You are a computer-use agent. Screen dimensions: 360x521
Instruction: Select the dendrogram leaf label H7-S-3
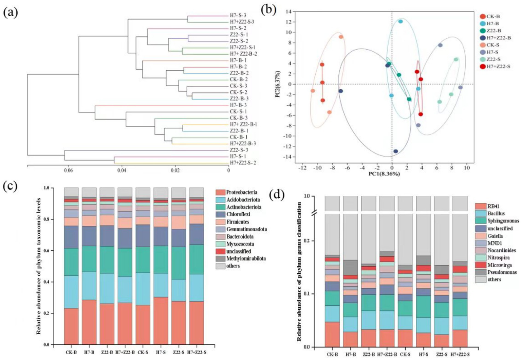238,15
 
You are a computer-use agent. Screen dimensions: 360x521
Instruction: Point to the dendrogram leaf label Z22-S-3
239,150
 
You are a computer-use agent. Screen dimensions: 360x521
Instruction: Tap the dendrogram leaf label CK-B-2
239,79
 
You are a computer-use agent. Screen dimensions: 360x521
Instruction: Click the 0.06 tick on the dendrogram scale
68,170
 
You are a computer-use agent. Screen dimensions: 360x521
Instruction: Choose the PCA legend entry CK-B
493,16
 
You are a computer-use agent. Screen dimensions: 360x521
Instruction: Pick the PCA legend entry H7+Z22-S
498,67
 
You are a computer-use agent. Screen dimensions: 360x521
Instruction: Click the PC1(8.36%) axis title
384,174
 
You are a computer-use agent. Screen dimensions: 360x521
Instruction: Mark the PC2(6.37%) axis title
278,84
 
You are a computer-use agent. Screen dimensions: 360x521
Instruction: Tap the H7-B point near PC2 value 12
401,21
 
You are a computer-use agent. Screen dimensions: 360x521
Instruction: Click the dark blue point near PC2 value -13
395,151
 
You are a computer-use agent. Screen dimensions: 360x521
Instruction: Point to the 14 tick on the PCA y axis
289,12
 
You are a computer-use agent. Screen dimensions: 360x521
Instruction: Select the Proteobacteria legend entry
241,192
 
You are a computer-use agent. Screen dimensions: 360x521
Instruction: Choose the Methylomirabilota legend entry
246,258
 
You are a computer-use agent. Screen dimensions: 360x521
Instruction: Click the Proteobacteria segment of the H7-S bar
161,321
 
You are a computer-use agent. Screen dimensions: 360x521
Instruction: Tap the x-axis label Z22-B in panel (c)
107,352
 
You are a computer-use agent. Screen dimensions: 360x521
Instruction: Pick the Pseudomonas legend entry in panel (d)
502,272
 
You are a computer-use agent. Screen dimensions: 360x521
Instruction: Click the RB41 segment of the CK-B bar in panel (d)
332,334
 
